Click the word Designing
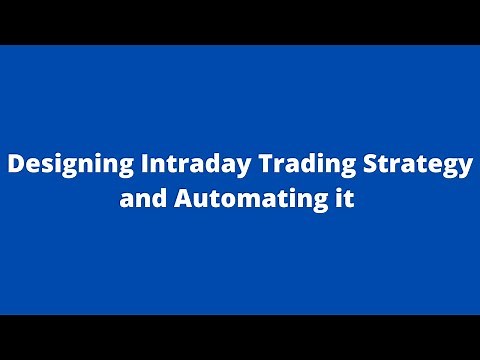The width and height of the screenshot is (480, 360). coord(60,165)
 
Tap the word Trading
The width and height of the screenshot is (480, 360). coord(268,165)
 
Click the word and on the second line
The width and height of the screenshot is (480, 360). coord(139,198)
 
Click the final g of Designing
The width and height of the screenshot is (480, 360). coord(103,168)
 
